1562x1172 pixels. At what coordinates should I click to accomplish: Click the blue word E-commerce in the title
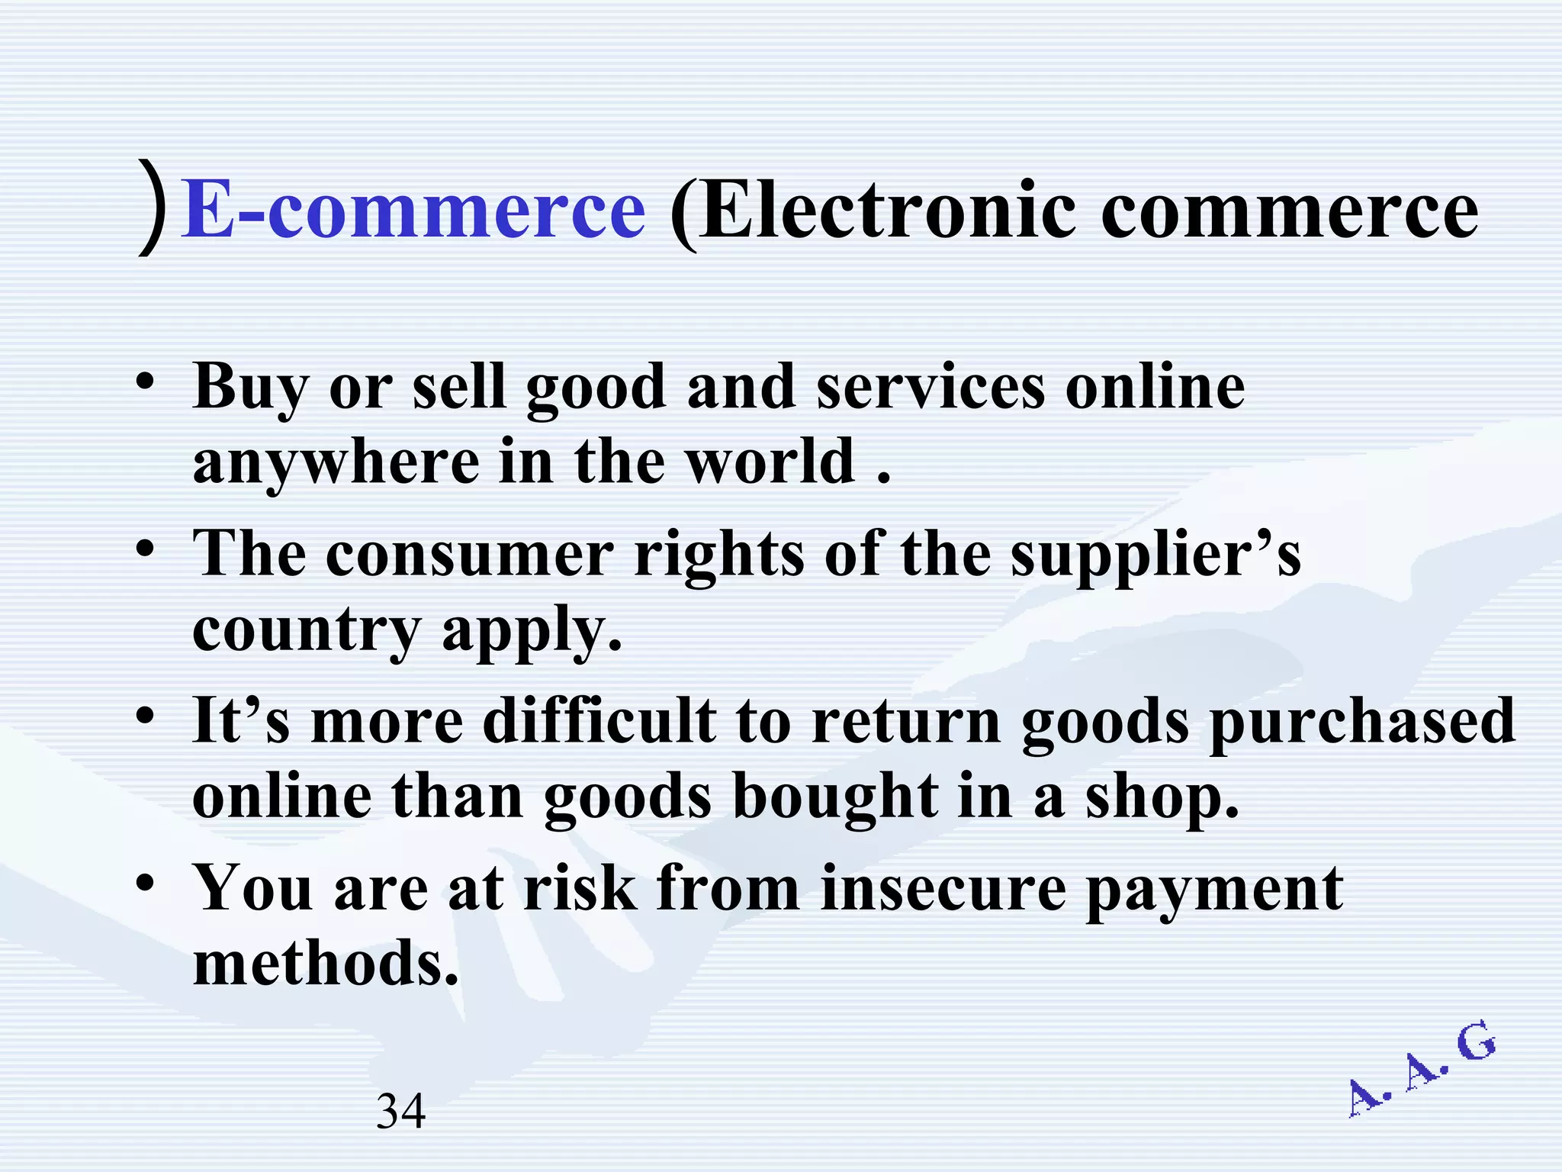click(x=414, y=211)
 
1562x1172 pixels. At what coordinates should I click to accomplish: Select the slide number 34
click(x=401, y=1111)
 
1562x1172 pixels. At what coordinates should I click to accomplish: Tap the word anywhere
click(x=336, y=462)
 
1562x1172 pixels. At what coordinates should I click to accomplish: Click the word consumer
click(x=469, y=554)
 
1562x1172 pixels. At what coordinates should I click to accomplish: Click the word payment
click(x=1214, y=890)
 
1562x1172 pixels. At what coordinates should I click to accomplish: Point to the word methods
click(x=326, y=963)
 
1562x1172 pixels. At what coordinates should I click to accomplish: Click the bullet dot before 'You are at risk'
click(x=146, y=884)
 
